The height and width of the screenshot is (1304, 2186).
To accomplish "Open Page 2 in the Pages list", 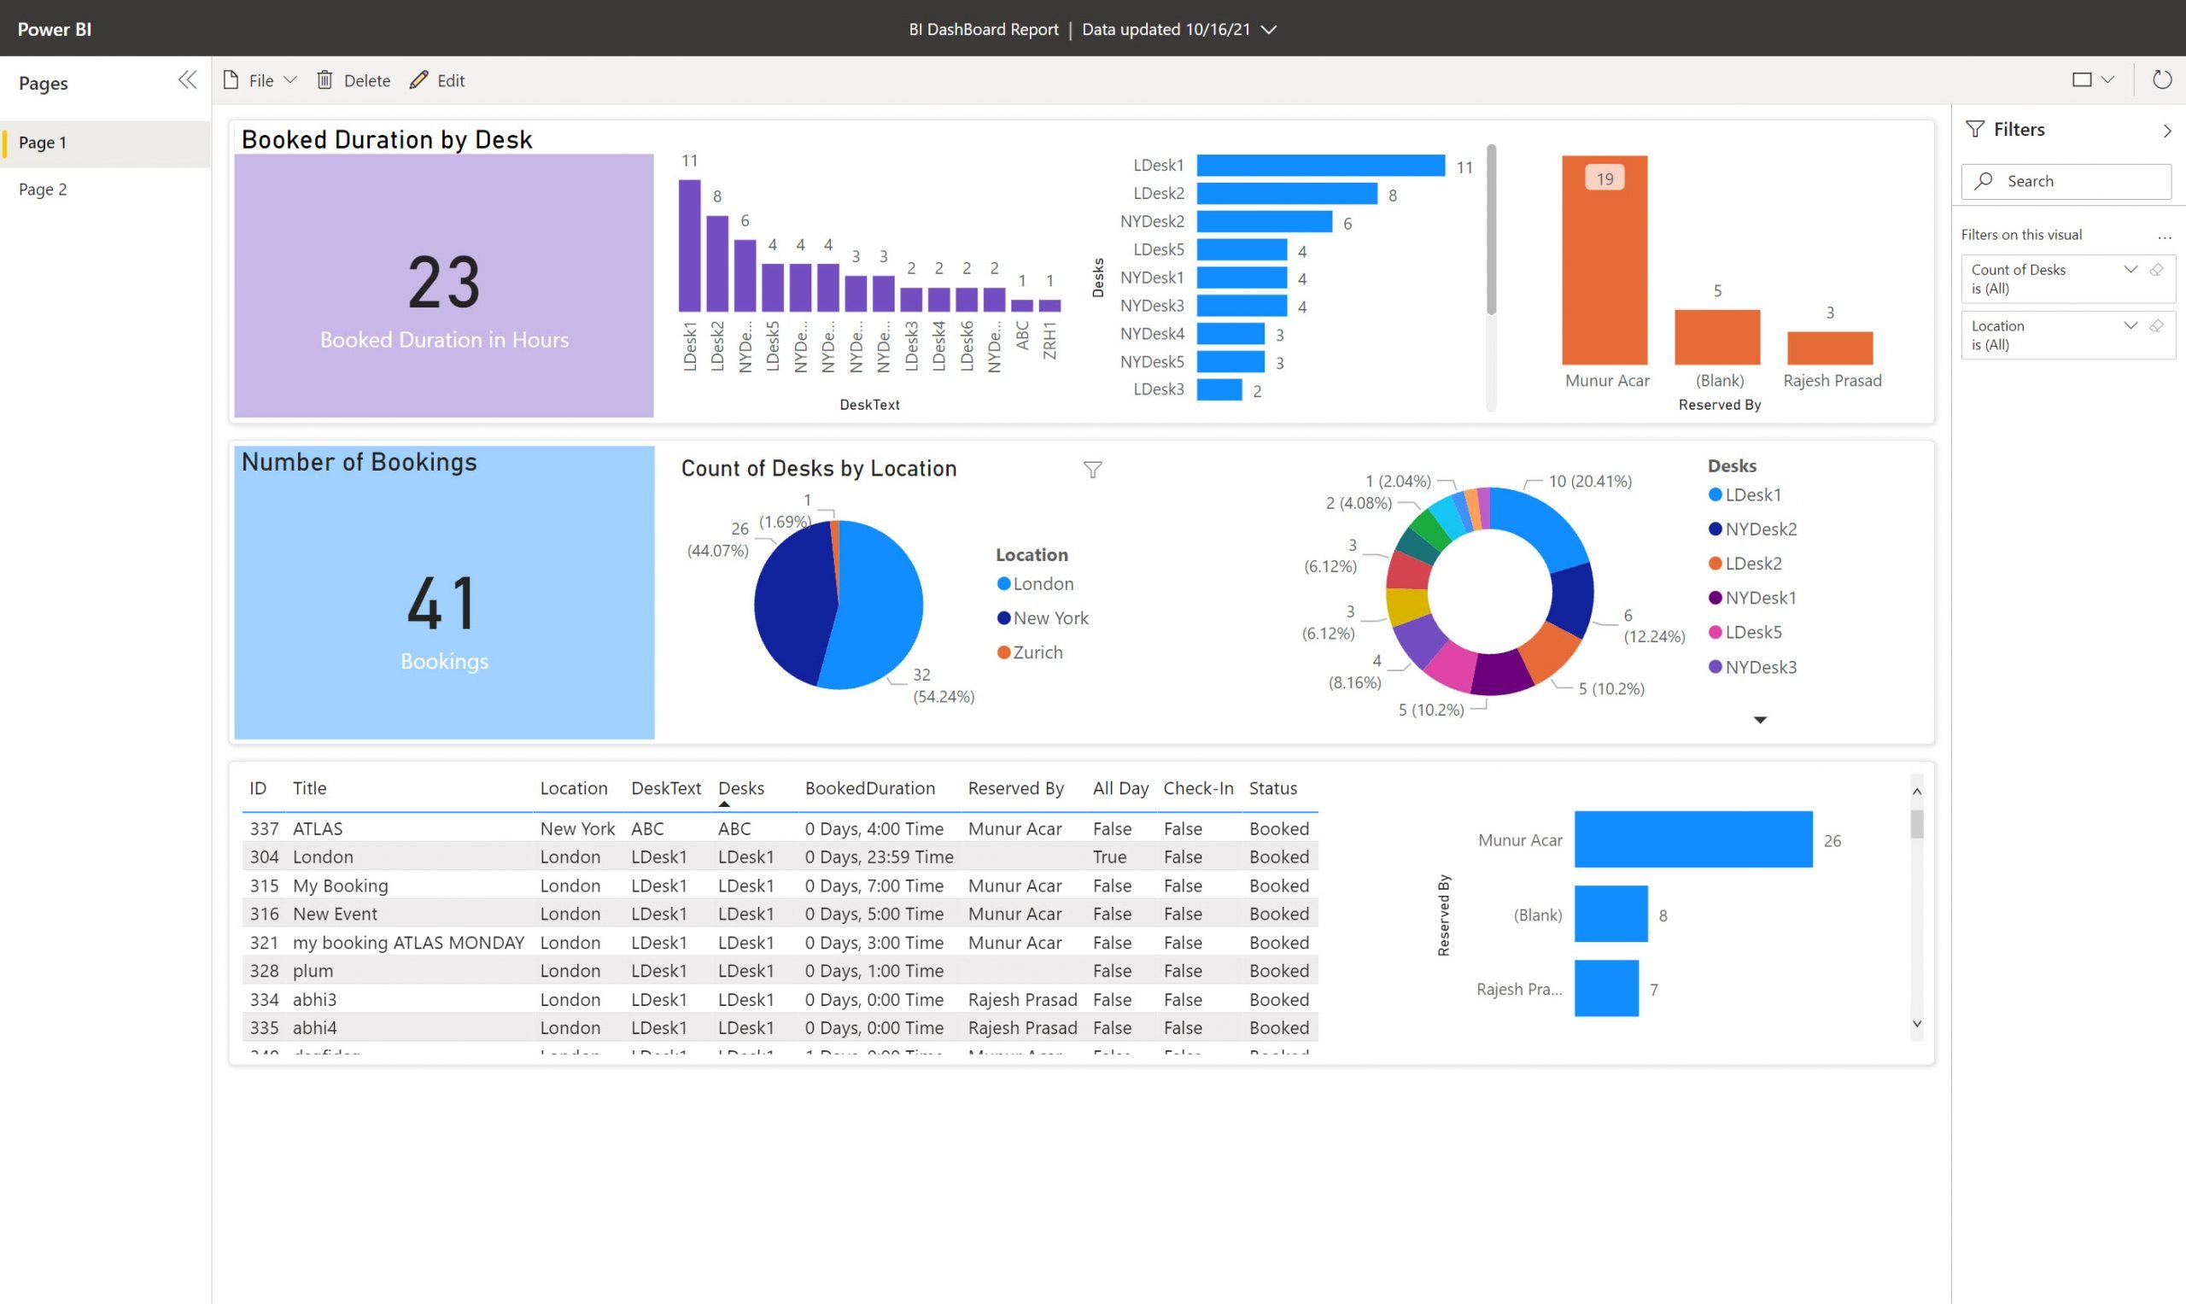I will tap(42, 189).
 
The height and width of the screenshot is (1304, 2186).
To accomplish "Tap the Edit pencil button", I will tap(436, 80).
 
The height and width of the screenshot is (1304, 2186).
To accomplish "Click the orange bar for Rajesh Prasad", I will tap(1829, 348).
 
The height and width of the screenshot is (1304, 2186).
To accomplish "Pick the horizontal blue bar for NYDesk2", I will tap(1264, 221).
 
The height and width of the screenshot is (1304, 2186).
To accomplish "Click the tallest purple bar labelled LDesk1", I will tap(690, 246).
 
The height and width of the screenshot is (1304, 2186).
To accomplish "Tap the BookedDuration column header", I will tap(869, 788).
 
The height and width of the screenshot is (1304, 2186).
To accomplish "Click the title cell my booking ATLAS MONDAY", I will tap(407, 942).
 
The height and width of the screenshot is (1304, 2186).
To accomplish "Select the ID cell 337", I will tap(264, 828).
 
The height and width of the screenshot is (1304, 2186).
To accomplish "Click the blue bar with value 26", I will tap(1692, 839).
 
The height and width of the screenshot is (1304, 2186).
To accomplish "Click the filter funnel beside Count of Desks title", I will tap(1092, 471).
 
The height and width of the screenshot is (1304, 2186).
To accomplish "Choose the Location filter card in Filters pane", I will tap(2047, 335).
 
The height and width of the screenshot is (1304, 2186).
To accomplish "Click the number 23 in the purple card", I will tap(444, 283).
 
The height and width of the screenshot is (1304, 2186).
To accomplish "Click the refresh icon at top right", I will tap(2161, 80).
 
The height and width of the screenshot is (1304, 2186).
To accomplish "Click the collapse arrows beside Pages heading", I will tap(187, 81).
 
